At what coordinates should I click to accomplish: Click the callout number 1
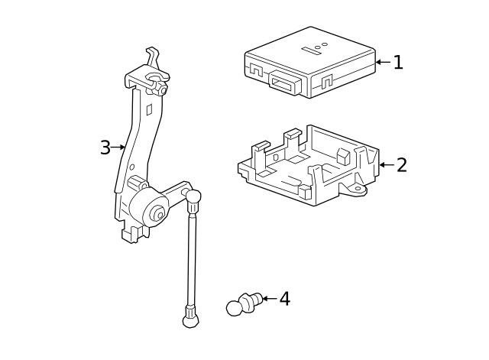tap(397, 62)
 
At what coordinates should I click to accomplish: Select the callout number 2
tap(401, 164)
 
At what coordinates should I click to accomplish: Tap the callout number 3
tap(105, 148)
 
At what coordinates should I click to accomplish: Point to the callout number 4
tap(283, 298)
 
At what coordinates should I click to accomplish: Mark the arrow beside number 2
tap(387, 164)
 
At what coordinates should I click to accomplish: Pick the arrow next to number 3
tap(118, 148)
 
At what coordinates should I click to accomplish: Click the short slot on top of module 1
tap(309, 51)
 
